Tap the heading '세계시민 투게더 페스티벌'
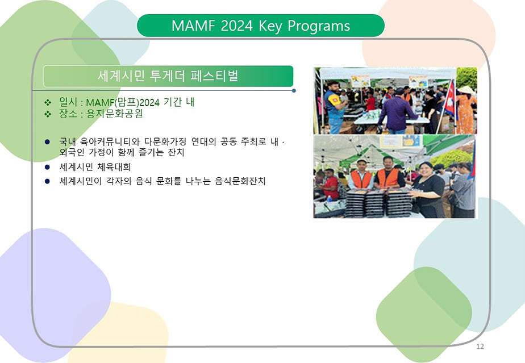pos(168,76)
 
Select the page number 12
pos(480,347)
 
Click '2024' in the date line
pos(149,102)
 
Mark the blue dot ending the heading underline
pos(293,90)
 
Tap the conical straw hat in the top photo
pos(465,90)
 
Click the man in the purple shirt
pos(395,108)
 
